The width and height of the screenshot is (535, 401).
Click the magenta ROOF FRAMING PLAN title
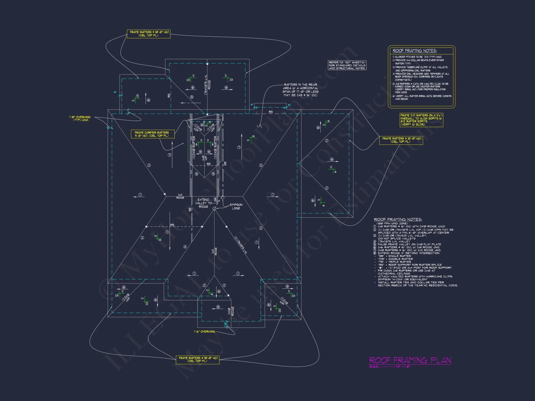point(410,360)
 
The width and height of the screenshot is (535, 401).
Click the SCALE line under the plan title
point(389,367)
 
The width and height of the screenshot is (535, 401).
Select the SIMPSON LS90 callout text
point(236,207)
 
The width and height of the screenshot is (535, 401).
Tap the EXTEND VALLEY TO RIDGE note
point(203,203)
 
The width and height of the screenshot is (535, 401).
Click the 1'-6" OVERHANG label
point(205,331)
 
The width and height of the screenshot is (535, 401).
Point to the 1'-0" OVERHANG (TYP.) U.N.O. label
point(80,118)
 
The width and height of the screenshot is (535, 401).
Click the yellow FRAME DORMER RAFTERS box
point(152,134)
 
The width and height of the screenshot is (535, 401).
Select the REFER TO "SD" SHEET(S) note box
point(347,65)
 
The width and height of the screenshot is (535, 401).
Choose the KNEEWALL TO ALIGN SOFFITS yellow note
point(421,120)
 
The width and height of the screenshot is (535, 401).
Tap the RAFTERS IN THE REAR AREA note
point(301,90)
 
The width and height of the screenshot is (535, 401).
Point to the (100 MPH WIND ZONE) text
point(392,223)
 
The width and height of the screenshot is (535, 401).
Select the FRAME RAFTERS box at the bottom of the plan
point(197,360)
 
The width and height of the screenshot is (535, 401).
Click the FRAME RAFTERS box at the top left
point(148,34)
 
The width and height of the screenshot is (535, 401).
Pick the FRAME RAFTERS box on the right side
point(401,140)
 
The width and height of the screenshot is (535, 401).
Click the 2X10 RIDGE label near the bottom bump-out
point(231,311)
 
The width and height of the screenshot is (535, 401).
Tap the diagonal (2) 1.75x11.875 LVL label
point(241,245)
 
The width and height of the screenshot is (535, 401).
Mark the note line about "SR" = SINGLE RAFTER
point(394,256)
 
